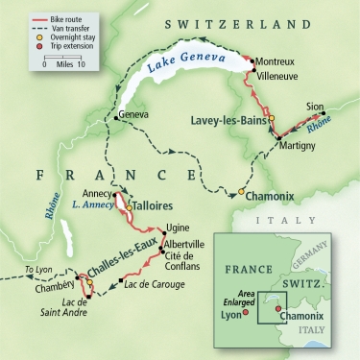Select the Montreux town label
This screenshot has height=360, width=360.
click(279, 60)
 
